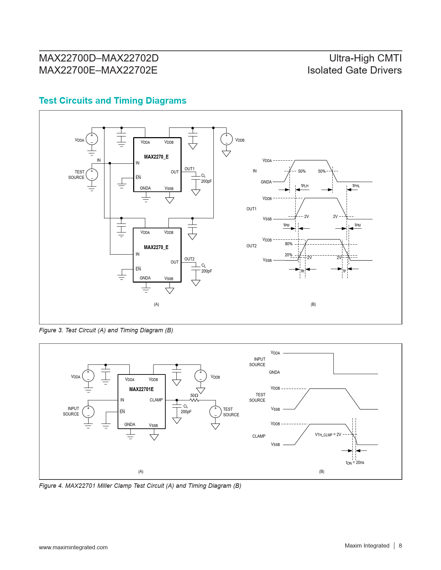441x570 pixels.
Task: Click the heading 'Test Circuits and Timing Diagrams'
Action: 112,101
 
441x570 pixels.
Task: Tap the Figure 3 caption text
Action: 106,330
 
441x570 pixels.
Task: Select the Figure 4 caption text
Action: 140,486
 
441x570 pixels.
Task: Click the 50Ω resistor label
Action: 194,396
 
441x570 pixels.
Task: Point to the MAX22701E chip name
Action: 141,389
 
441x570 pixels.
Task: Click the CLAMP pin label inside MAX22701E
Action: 156,400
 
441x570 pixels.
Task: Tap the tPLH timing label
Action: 305,186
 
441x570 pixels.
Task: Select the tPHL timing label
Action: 356,186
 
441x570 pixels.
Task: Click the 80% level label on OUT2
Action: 288,244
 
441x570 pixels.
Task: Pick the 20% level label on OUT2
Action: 288,255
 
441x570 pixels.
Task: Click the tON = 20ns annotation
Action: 355,463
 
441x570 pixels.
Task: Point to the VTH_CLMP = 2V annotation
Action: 328,435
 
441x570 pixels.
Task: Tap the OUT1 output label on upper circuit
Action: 190,169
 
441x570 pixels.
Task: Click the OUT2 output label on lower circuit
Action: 189,259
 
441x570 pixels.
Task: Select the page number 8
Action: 400,545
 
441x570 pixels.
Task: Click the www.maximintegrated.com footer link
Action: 73,547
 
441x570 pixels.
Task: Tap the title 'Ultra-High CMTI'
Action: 365,58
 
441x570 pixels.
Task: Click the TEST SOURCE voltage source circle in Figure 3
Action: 92,174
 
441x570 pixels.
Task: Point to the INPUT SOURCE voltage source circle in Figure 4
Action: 88,411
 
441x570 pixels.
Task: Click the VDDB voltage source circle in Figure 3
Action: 227,139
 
